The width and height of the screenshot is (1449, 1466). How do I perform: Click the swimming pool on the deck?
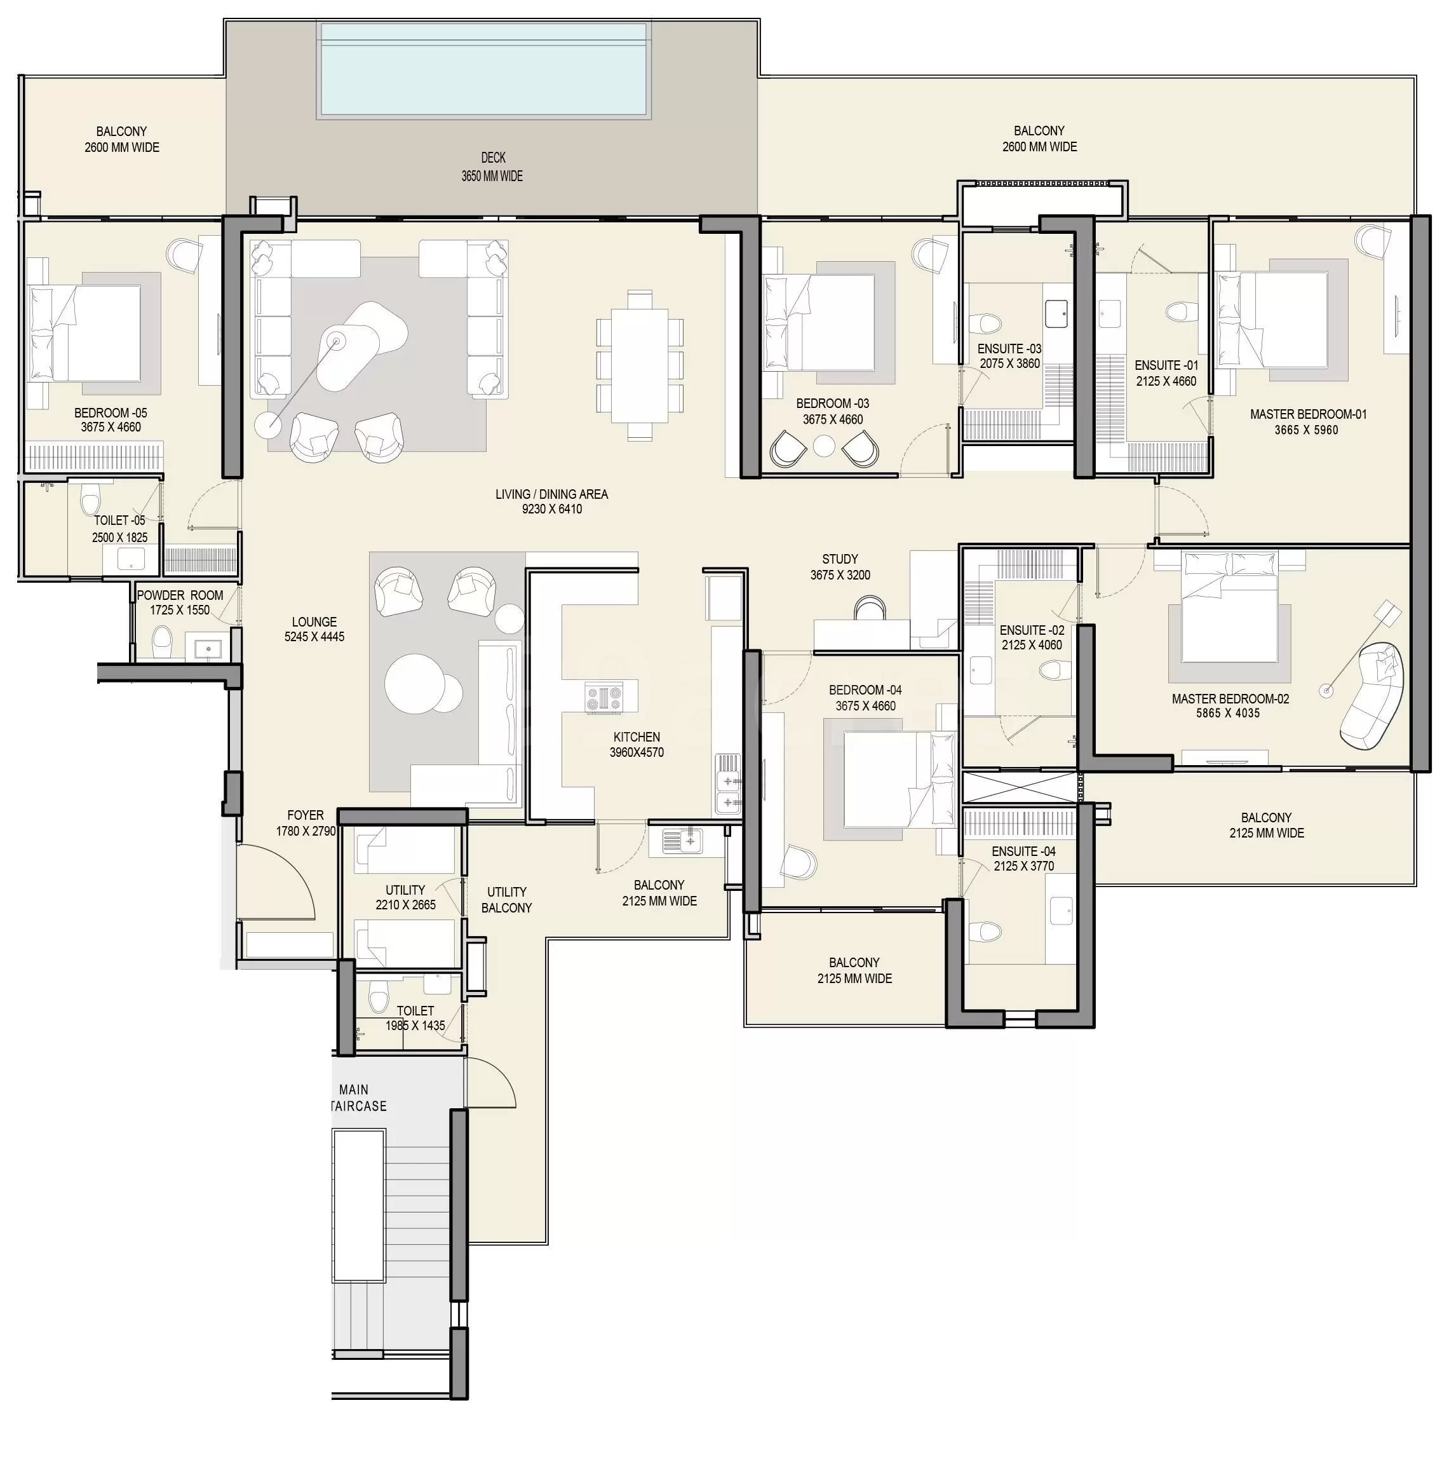point(484,69)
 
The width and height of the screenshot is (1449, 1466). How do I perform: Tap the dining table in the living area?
point(640,365)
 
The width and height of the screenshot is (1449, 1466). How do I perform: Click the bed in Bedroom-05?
point(85,333)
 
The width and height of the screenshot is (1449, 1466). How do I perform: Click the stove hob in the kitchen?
point(604,697)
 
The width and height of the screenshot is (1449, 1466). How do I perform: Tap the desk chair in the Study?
point(870,607)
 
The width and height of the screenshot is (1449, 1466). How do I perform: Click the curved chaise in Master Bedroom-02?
point(1372,695)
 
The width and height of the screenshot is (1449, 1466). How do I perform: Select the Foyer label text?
point(306,815)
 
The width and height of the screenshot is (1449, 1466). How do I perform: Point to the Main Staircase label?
point(356,1098)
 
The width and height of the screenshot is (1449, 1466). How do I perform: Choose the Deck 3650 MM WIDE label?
point(492,167)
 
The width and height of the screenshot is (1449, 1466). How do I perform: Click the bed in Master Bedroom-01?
point(1272,320)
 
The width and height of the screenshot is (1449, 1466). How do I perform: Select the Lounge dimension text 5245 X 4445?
point(314,637)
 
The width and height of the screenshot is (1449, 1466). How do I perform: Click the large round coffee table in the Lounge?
point(414,683)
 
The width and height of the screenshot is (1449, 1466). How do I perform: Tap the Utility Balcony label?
point(507,900)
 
